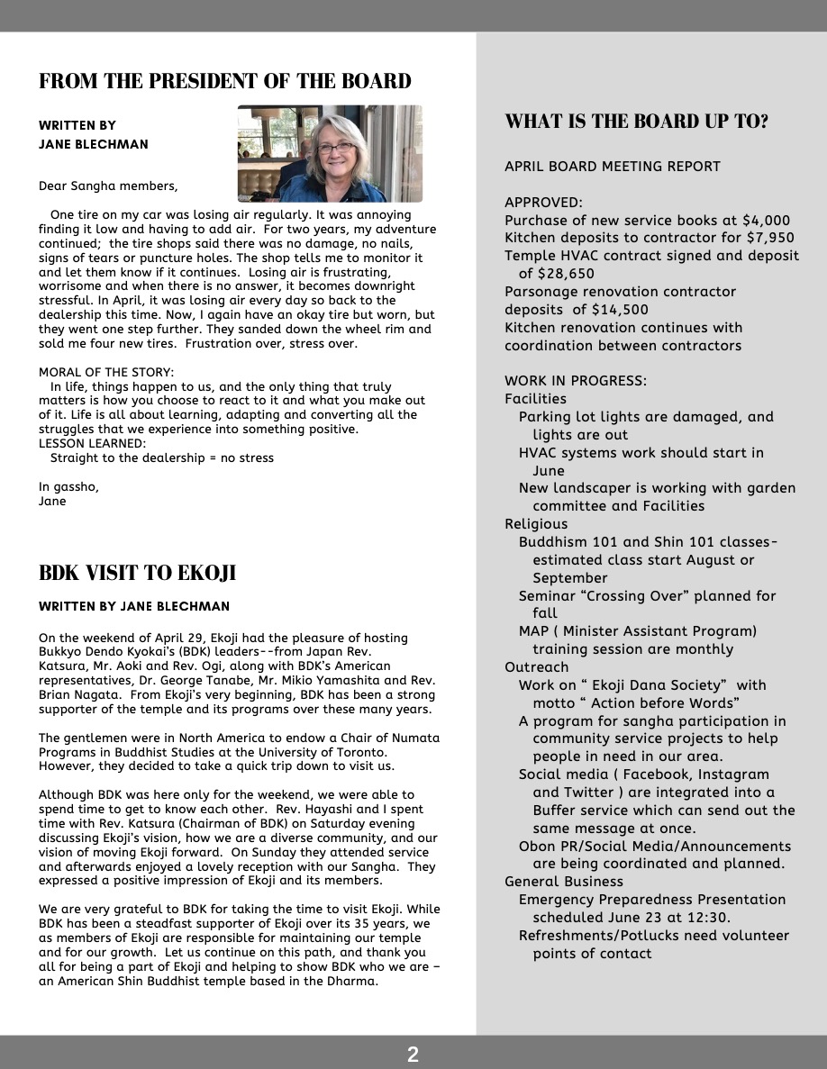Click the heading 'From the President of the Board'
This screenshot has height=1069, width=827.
224,81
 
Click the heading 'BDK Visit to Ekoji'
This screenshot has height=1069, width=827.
137,573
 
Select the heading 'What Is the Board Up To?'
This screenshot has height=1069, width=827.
636,122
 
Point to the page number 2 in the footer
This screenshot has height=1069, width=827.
413,1055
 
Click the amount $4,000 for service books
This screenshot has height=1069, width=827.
762,220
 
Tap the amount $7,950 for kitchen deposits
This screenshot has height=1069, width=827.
767,238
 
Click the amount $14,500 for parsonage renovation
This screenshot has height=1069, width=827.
620,310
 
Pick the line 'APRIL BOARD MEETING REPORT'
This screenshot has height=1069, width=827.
613,167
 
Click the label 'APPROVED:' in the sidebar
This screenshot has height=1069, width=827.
543,203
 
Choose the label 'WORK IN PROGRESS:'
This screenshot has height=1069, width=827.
576,381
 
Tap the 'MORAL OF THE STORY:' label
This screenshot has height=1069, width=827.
106,372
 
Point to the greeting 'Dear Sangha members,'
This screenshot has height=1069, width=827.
108,186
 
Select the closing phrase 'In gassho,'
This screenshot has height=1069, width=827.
68,486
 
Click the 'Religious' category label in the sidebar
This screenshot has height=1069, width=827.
536,524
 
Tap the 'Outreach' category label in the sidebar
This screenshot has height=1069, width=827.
537,667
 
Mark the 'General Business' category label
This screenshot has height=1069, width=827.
564,882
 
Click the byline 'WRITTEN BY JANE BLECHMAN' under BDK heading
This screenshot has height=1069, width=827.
134,606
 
